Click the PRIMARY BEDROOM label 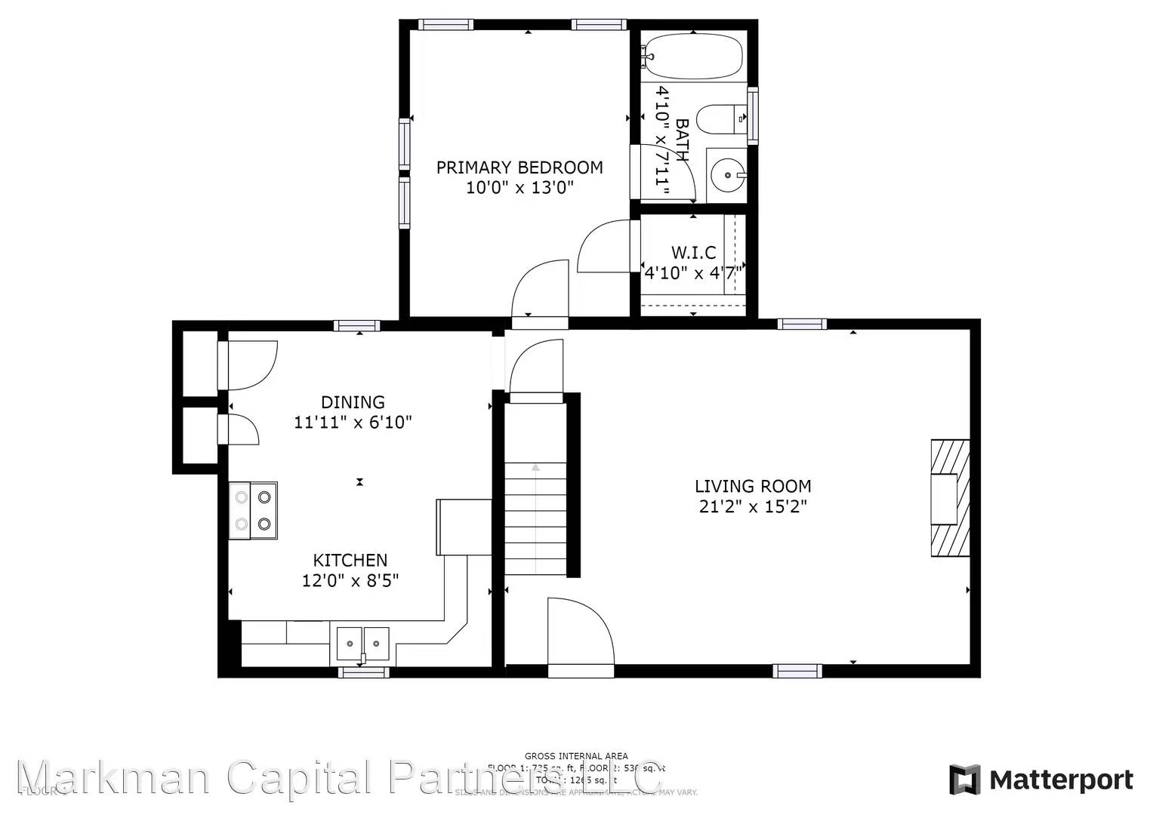tap(519, 167)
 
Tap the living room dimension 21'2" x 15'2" tap(753, 506)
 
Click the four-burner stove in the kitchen tap(253, 510)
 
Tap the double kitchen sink tap(363, 643)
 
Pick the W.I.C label tap(693, 252)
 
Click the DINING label tap(353, 402)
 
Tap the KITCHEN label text tap(350, 560)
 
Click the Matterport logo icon tap(964, 780)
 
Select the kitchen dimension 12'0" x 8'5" tap(350, 580)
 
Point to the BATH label tap(681, 140)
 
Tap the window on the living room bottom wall tap(797, 670)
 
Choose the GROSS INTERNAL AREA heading tap(576, 755)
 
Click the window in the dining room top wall tap(356, 326)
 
